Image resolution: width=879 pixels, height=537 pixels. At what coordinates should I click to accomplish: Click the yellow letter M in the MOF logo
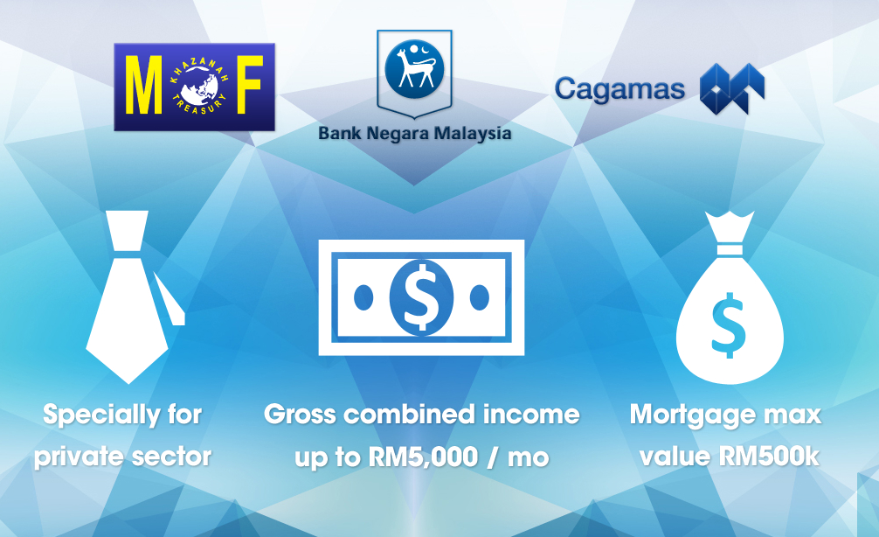point(143,85)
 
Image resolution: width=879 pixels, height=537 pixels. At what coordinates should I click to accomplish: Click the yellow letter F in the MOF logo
point(250,84)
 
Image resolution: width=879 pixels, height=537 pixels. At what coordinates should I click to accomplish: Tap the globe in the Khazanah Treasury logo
point(200,86)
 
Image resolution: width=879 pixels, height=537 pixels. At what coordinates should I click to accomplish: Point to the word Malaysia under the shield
point(473,134)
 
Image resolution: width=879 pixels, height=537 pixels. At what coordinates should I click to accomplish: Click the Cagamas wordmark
point(619,89)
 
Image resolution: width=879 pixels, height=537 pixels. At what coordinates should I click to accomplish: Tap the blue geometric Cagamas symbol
point(732,88)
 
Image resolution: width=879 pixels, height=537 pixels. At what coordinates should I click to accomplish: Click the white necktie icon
point(135,296)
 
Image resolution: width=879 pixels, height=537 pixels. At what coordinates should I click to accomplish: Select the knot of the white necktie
point(128,231)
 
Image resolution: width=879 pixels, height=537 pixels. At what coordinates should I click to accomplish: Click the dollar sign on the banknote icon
point(421,296)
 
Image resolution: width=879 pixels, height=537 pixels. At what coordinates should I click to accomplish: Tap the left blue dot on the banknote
point(363,297)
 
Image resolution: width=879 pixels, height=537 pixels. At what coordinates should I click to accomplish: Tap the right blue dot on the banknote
point(480,297)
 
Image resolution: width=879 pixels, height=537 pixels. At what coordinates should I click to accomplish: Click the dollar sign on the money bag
point(729,324)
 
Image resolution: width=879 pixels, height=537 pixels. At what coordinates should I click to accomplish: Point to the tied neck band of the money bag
point(730,250)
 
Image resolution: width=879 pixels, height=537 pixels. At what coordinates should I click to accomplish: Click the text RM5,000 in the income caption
point(423,457)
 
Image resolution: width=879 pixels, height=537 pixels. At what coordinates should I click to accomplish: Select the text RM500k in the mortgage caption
point(769,457)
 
